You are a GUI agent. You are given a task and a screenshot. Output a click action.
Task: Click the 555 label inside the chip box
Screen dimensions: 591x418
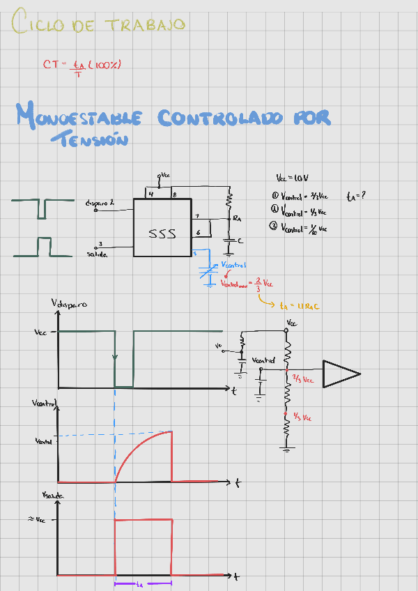pyautogui.click(x=162, y=234)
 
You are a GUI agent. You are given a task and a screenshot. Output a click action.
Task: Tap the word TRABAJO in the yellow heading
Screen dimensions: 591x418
pyautogui.click(x=146, y=25)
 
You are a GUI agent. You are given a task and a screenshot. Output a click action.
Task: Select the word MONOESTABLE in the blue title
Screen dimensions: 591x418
pyautogui.click(x=79, y=117)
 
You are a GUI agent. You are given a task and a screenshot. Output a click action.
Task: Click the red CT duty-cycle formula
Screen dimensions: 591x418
pyautogui.click(x=82, y=66)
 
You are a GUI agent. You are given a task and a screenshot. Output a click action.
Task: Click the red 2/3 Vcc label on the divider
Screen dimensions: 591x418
pyautogui.click(x=303, y=380)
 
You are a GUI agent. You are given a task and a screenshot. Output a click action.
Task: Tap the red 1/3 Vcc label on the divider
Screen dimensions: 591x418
pyautogui.click(x=302, y=417)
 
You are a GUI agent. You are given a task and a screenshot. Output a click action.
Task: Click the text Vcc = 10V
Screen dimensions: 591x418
pyautogui.click(x=292, y=178)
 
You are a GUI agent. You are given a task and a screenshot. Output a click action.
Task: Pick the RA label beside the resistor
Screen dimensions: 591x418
pyautogui.click(x=237, y=219)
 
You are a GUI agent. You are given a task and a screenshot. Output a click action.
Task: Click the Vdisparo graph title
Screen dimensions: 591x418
pyautogui.click(x=69, y=304)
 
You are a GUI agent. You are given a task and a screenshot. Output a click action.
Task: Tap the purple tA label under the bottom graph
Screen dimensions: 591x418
pyautogui.click(x=139, y=583)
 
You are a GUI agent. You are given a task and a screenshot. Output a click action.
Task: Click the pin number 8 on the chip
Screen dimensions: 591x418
pyautogui.click(x=175, y=194)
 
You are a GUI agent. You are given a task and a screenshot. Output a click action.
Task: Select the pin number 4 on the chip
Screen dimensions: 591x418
pyautogui.click(x=150, y=194)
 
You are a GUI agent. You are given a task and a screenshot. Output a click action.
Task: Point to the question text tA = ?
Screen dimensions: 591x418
pyautogui.click(x=356, y=196)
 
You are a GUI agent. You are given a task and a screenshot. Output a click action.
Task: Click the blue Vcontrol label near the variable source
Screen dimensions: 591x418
pyautogui.click(x=234, y=266)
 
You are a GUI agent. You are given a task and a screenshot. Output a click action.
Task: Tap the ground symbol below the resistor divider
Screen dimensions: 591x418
pyautogui.click(x=286, y=448)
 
